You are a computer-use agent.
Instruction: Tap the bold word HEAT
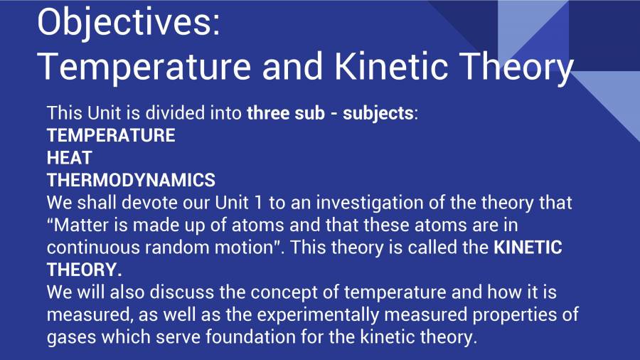pos(69,157)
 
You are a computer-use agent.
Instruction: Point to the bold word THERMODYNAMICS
pos(131,179)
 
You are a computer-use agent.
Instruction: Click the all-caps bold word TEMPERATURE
pos(111,135)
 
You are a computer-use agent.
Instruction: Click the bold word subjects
pos(378,113)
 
